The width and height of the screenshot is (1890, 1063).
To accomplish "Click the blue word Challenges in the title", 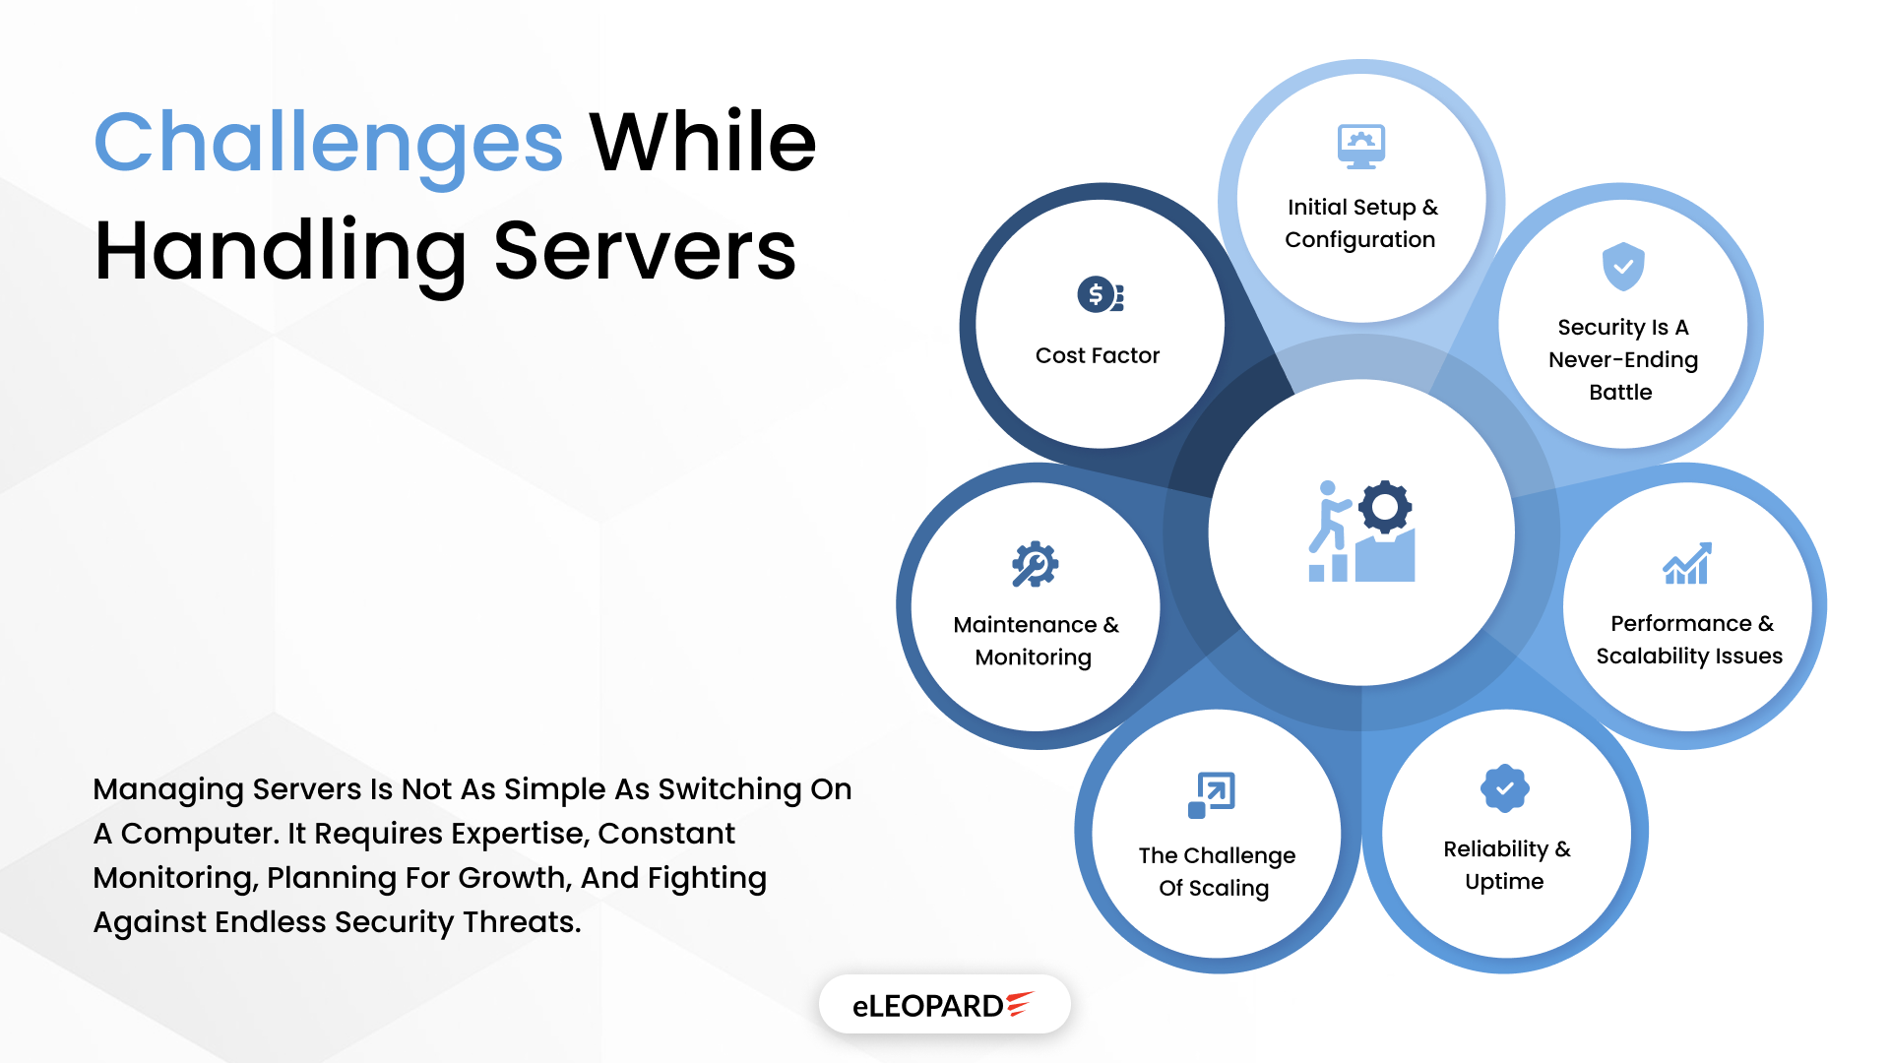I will pos(328,144).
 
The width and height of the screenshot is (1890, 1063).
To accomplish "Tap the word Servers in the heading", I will pos(644,251).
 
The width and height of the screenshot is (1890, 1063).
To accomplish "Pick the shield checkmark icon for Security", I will pos(1623,266).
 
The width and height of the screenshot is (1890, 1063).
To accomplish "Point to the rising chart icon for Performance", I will pos(1687,564).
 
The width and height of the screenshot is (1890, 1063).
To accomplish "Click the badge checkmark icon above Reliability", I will pos(1504,788).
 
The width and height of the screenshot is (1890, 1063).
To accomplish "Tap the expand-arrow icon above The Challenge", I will pos(1212,794).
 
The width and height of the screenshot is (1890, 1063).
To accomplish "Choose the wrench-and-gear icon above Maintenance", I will pos(1035,565).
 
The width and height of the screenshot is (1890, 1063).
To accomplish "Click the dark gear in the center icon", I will pos(1385,507).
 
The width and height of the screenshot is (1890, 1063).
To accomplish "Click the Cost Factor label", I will pos(1098,355).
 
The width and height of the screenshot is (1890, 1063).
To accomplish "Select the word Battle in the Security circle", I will pos(1620,392).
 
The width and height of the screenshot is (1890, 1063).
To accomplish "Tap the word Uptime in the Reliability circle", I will pos(1504,881).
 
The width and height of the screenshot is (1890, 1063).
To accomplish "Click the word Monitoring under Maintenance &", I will pos(1033,657).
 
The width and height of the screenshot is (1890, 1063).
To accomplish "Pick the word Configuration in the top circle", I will pos(1359,239).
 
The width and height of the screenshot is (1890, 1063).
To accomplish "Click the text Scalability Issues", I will pos(1689,656).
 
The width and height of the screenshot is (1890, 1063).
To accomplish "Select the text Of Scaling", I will pos(1214,888).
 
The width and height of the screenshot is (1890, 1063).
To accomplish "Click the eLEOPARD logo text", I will pos(927,1006).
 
